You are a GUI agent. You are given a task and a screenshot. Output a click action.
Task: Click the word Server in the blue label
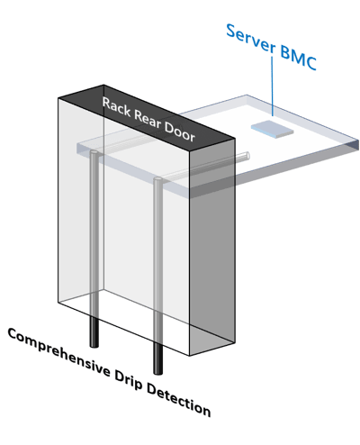(250, 38)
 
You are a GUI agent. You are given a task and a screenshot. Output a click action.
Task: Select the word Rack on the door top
(116, 107)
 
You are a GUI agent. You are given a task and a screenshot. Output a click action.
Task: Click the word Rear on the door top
(147, 120)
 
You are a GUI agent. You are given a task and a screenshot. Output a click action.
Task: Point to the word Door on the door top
(180, 132)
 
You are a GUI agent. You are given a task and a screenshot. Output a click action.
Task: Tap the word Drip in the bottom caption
(128, 380)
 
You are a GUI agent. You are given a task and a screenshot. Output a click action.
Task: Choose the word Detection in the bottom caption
(178, 400)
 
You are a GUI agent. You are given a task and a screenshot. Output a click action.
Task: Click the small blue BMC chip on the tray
(272, 130)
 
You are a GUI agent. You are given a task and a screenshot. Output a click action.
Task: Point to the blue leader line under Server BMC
(272, 86)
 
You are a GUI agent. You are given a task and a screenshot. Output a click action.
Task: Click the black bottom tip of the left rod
(94, 346)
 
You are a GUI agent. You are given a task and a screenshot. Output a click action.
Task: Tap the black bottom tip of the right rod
(158, 373)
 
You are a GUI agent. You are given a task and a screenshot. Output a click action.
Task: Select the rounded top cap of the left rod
(94, 152)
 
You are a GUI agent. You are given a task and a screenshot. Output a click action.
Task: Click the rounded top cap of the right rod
(157, 179)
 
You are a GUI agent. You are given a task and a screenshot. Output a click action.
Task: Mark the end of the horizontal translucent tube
(247, 155)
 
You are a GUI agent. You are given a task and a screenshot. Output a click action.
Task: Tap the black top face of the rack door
(147, 118)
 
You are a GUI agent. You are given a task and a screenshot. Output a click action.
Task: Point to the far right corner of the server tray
(358, 141)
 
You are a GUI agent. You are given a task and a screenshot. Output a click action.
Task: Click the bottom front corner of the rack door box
(189, 356)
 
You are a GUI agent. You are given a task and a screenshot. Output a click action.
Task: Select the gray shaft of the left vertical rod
(94, 234)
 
